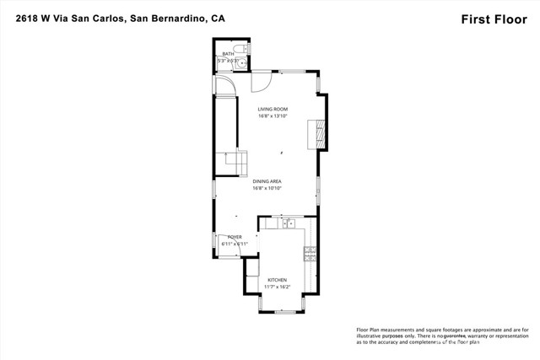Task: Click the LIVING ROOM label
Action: click(273, 109)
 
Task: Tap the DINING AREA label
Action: click(267, 181)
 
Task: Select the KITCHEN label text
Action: click(277, 280)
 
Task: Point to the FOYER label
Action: click(234, 237)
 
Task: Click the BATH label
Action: click(228, 53)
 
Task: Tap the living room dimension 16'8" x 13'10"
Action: click(273, 116)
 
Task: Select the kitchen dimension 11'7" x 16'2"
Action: click(277, 287)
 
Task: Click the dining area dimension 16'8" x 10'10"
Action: click(267, 189)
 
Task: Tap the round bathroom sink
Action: click(241, 62)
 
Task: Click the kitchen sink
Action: click(288, 223)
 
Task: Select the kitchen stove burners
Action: click(310, 251)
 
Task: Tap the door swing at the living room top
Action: click(262, 81)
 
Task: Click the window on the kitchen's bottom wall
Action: click(278, 312)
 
